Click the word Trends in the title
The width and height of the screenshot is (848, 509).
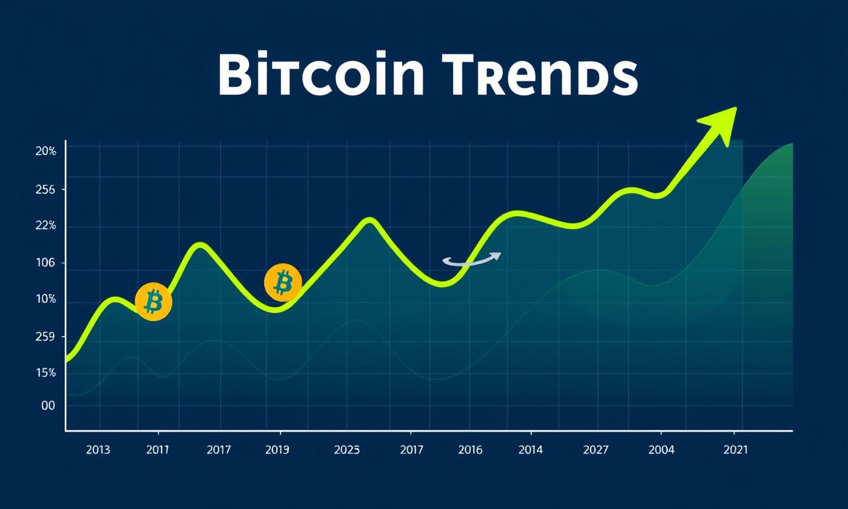click(x=539, y=74)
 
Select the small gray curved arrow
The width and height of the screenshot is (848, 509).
click(x=472, y=259)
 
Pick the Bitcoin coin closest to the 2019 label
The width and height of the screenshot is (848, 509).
click(x=283, y=282)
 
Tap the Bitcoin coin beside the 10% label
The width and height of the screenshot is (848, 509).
click(x=153, y=302)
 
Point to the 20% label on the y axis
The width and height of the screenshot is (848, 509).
click(x=46, y=152)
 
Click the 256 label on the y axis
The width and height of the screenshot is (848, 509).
click(x=46, y=190)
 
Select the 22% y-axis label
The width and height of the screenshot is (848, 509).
click(x=46, y=226)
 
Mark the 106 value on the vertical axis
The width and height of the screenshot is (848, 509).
click(x=46, y=262)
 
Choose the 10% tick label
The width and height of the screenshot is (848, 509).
click(x=46, y=299)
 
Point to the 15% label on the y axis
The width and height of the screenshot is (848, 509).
click(x=46, y=373)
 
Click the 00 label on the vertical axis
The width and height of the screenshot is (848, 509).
click(x=48, y=406)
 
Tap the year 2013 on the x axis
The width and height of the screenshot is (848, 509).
click(x=98, y=450)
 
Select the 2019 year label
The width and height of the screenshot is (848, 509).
click(x=277, y=450)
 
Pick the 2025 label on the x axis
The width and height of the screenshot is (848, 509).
click(x=346, y=450)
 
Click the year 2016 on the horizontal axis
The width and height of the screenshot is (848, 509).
click(x=470, y=450)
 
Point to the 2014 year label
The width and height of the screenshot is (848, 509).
click(x=531, y=450)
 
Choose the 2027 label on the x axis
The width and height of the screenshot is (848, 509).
click(x=596, y=450)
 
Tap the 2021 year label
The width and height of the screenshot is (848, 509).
click(x=735, y=450)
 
